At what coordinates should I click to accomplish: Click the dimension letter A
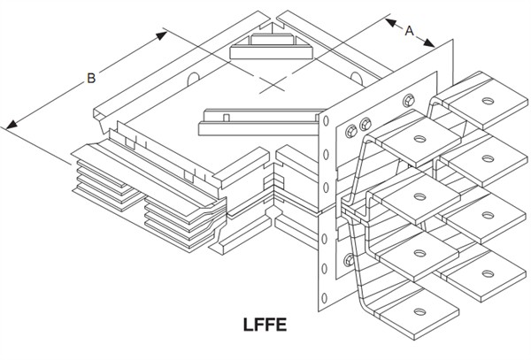[410, 31]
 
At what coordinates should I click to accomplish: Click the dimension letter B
[91, 78]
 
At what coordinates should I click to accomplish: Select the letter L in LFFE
[248, 325]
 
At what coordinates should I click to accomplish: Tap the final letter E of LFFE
[281, 325]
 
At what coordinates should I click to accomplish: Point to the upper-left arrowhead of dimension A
[390, 23]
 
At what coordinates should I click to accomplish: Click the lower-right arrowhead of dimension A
[429, 42]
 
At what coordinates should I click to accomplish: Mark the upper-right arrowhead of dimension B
[161, 35]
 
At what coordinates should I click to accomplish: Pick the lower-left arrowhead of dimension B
[12, 124]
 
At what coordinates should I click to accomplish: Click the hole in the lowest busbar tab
[419, 311]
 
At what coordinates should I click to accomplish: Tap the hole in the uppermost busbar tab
[488, 101]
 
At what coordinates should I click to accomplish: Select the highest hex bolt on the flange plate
[409, 100]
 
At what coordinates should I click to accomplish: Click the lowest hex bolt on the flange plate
[349, 260]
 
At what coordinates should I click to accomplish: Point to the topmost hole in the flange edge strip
[326, 121]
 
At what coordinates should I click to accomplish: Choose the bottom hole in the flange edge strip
[324, 298]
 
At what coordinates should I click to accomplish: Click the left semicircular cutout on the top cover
[193, 80]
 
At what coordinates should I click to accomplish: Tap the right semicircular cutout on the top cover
[357, 79]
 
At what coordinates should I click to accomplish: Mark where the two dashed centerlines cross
[273, 84]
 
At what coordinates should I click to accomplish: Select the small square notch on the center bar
[227, 118]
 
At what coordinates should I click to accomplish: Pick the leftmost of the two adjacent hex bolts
[351, 131]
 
